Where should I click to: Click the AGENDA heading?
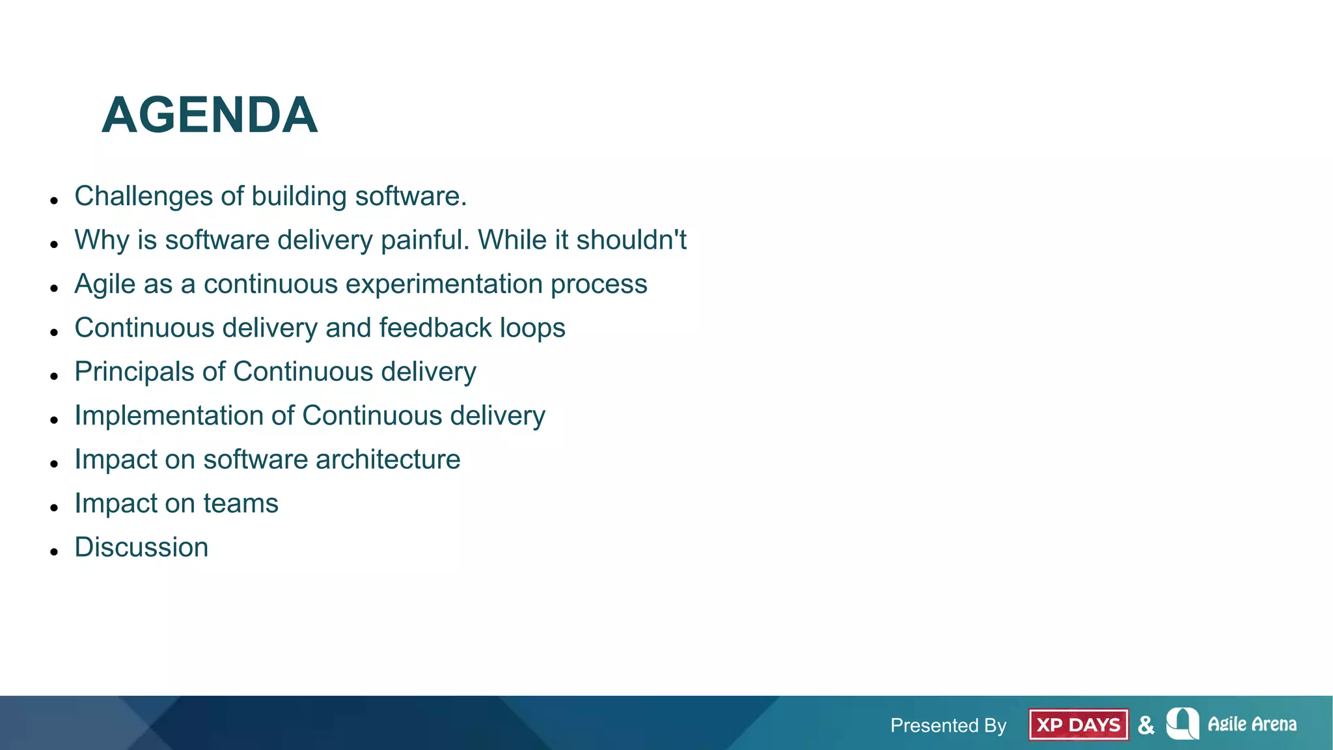pos(210,115)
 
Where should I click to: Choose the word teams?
pos(240,503)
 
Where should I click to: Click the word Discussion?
pos(141,547)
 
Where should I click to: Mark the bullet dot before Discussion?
pos(54,551)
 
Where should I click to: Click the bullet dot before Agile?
pos(54,288)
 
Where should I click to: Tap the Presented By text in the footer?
pos(948,725)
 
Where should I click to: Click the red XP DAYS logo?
pos(1078,725)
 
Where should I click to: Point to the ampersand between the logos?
pos(1146,725)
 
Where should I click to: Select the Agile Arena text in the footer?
pos(1252,724)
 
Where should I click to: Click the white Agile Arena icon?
pos(1183,723)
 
